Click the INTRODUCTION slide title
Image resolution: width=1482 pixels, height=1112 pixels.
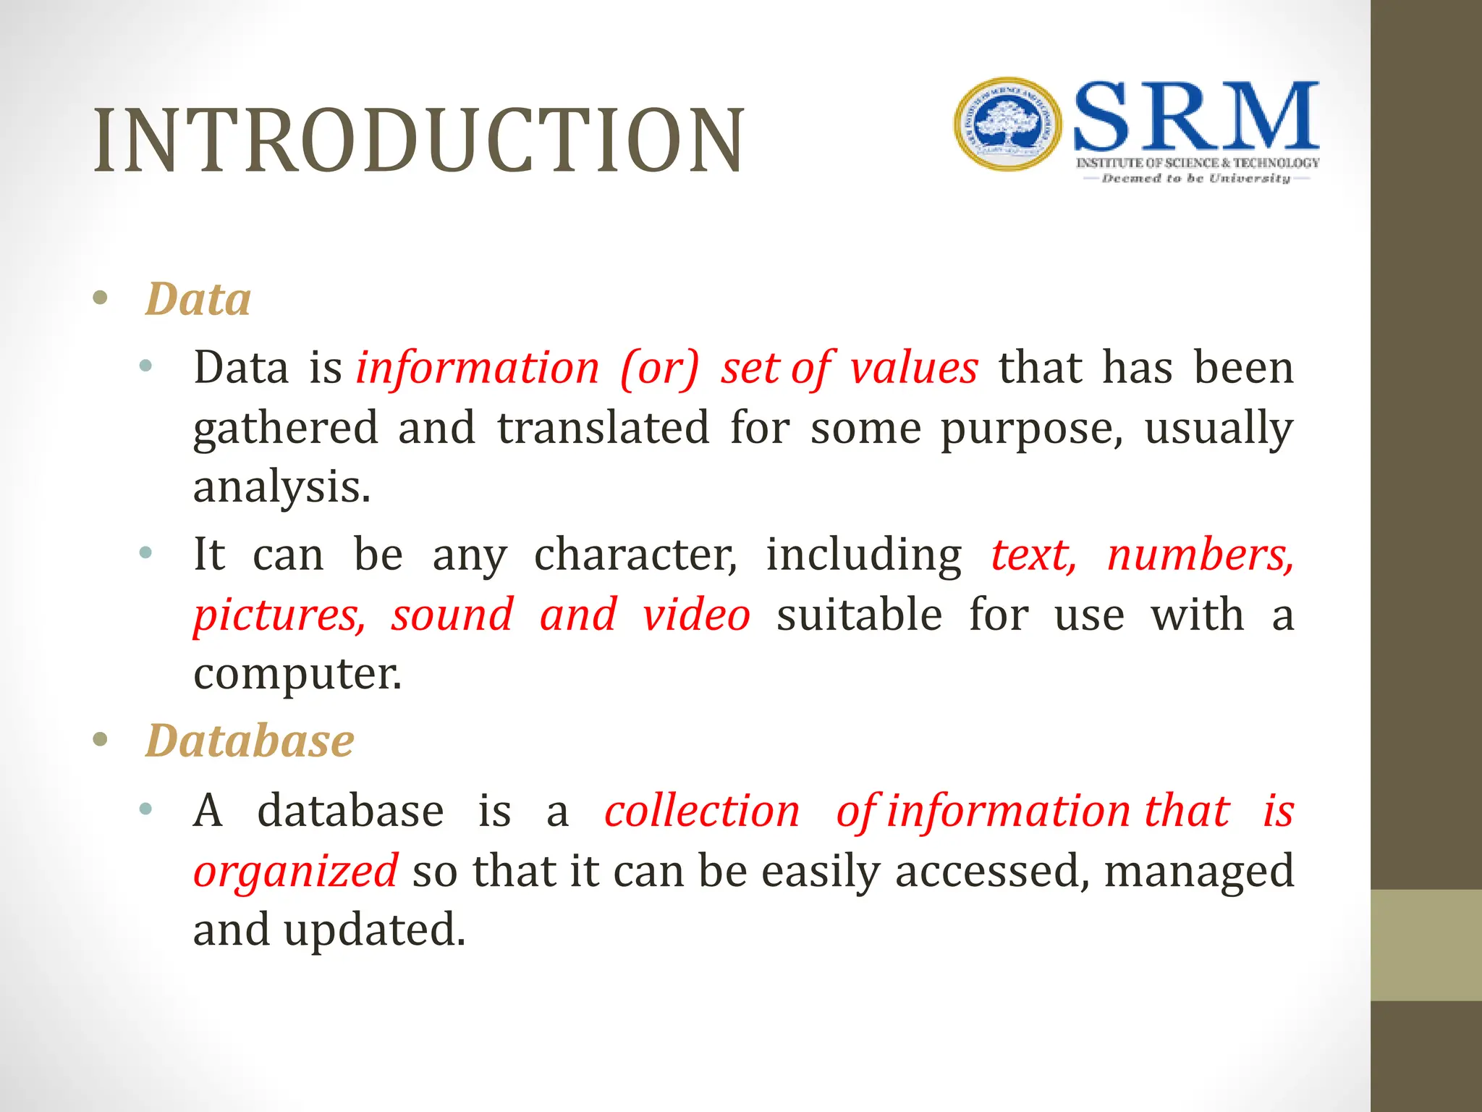pyautogui.click(x=418, y=141)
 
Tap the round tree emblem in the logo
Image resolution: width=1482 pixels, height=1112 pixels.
pyautogui.click(x=1008, y=125)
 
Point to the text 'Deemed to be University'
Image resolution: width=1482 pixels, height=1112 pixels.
pyautogui.click(x=1196, y=178)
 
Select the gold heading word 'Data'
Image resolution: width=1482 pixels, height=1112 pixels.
pyautogui.click(x=198, y=299)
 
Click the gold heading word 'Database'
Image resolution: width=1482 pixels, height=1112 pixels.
pyautogui.click(x=250, y=741)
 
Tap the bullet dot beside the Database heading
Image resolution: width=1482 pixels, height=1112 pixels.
pyautogui.click(x=101, y=740)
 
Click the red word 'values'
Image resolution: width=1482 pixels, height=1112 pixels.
pyautogui.click(x=914, y=368)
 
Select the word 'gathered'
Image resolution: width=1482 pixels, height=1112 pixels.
pyautogui.click(x=286, y=429)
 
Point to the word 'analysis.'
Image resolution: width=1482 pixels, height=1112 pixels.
pyautogui.click(x=281, y=487)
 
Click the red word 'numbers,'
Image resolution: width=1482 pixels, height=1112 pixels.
pyautogui.click(x=1200, y=555)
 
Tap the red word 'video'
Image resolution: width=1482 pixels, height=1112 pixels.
pyautogui.click(x=696, y=615)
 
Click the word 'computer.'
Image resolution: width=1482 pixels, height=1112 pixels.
pyautogui.click(x=297, y=675)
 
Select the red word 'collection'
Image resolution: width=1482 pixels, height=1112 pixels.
pyautogui.click(x=702, y=811)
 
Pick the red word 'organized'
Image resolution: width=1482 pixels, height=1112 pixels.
pyautogui.click(x=295, y=871)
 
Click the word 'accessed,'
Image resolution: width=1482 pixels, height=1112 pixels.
pyautogui.click(x=992, y=871)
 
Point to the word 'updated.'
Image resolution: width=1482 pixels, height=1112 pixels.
pyautogui.click(x=374, y=930)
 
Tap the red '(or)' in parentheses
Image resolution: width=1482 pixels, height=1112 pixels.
pyautogui.click(x=660, y=368)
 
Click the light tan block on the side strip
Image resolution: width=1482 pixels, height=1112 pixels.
pyautogui.click(x=1426, y=945)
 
